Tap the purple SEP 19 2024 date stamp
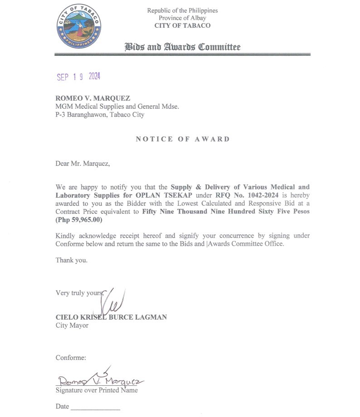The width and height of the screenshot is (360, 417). [x=78, y=77]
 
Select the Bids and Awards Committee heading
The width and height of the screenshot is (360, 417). [x=182, y=47]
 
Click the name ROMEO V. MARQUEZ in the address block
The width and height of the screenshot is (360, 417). [x=92, y=98]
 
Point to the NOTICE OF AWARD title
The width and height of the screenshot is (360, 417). [x=183, y=139]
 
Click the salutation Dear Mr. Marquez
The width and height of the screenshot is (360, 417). [x=83, y=164]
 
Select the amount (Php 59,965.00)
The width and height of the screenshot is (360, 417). [x=79, y=220]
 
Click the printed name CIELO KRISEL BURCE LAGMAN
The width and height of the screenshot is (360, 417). [x=111, y=317]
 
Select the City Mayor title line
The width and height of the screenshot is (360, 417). [x=72, y=325]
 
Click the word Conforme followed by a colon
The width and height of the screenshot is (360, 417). [x=71, y=358]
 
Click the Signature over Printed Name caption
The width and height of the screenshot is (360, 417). [x=97, y=390]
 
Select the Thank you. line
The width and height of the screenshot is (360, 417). [x=72, y=260]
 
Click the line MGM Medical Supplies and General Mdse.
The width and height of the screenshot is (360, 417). [x=117, y=107]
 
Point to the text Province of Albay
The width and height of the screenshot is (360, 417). [x=182, y=18]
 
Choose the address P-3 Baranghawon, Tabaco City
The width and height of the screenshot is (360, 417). [x=100, y=115]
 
